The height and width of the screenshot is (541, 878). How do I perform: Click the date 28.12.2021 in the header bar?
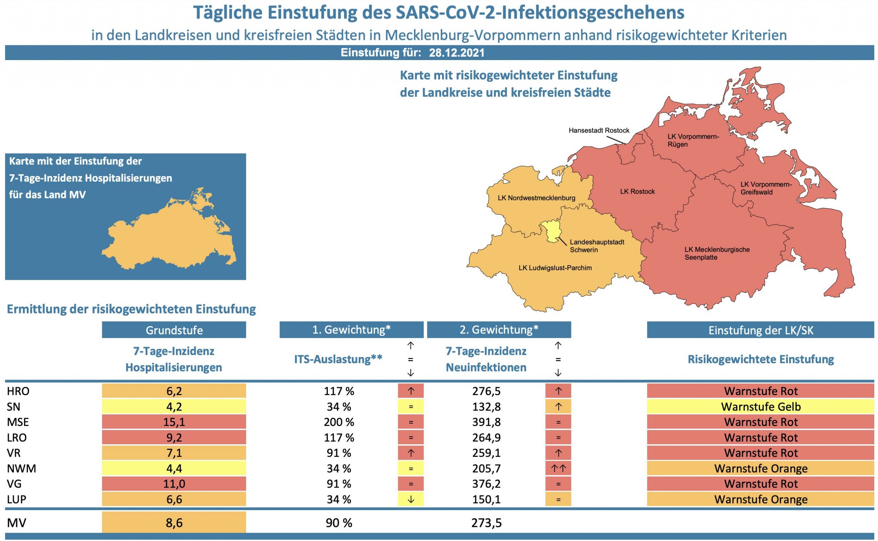[x=456, y=53]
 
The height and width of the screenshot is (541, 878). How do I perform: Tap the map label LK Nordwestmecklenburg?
[x=536, y=198]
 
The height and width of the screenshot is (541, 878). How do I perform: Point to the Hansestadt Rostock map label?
[x=599, y=130]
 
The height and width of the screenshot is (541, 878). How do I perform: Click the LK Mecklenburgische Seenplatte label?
[x=717, y=253]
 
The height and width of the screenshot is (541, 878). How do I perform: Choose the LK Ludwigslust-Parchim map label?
[x=555, y=268]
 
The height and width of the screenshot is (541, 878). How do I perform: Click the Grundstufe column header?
[x=174, y=330]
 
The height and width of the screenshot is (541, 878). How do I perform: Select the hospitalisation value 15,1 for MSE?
[x=174, y=422]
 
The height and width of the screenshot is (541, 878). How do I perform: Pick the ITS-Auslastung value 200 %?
[x=339, y=422]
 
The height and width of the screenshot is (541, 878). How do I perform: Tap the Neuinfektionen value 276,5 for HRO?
[x=486, y=391]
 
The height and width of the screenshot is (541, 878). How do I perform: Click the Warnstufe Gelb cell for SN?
[x=760, y=406]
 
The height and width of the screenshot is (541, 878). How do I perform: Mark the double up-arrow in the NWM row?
[x=558, y=468]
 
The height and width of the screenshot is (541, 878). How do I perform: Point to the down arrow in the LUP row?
[x=411, y=499]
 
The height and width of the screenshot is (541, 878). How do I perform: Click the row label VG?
[x=14, y=484]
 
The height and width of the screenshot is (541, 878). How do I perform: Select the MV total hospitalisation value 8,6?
[x=174, y=523]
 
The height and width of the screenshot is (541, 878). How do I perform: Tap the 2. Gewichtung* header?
[x=499, y=330]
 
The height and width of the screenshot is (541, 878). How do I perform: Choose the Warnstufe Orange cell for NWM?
[x=760, y=468]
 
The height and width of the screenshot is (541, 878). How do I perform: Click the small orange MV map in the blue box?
[x=168, y=233]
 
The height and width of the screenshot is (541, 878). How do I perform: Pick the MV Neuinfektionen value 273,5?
[x=486, y=523]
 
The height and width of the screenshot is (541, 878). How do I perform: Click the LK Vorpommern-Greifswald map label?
[x=766, y=188]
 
